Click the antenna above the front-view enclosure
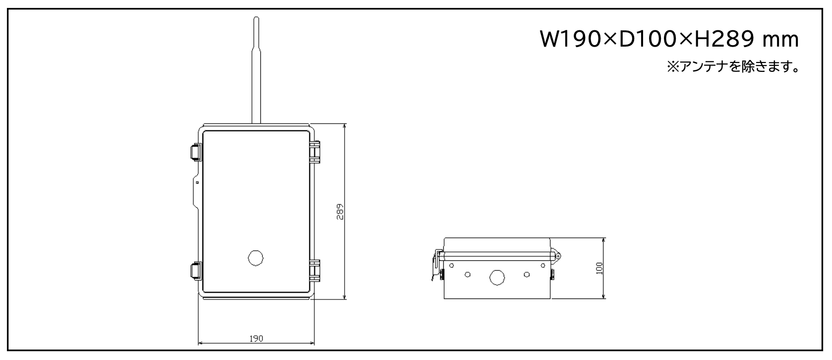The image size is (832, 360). [x=256, y=70]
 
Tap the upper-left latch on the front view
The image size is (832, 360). [x=196, y=152]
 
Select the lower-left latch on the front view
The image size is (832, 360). [x=196, y=271]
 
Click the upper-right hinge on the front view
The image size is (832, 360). [x=314, y=152]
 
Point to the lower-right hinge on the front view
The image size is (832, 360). [x=314, y=271]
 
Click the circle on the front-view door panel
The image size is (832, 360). [x=255, y=258]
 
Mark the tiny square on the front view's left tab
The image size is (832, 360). [x=197, y=182]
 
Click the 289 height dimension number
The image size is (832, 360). [x=340, y=212]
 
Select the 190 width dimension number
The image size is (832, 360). [x=256, y=339]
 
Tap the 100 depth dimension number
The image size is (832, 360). [x=599, y=268]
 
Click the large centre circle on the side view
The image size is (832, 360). [x=497, y=278]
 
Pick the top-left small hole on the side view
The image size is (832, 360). [x=452, y=265]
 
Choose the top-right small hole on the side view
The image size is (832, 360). [x=542, y=265]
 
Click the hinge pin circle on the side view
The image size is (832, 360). [x=557, y=255]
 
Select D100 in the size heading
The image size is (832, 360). [x=648, y=39]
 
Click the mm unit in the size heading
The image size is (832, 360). [x=780, y=41]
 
